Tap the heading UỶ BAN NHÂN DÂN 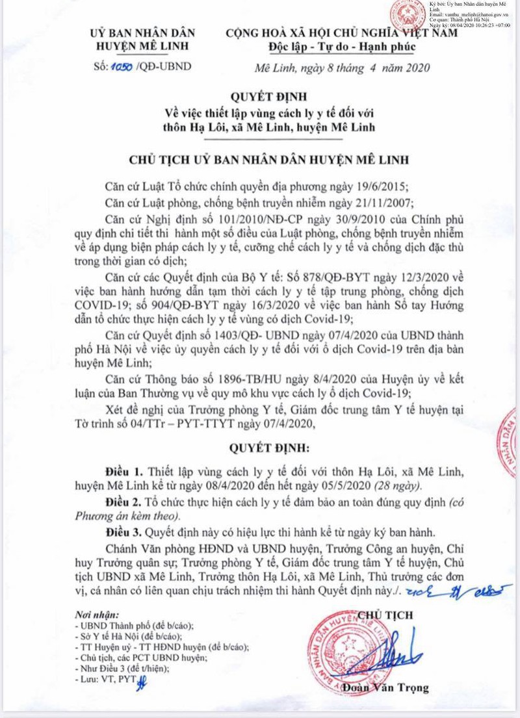click(142, 32)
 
